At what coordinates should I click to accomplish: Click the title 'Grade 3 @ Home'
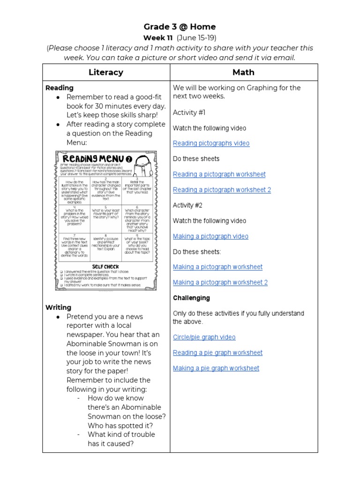[x=180, y=27]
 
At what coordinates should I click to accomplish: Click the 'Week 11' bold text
[x=158, y=37]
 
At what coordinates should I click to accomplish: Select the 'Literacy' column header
[x=106, y=72]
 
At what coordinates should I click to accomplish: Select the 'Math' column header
[x=243, y=72]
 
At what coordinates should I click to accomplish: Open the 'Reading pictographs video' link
[x=211, y=143]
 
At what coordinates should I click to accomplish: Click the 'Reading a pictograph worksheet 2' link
[x=222, y=190]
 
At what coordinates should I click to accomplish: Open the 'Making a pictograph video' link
[x=210, y=236]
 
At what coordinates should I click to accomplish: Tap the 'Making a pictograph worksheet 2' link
[x=220, y=282]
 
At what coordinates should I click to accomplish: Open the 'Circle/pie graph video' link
[x=204, y=337]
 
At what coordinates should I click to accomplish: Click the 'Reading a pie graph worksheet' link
[x=217, y=352]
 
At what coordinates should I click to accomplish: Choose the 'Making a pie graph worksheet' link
[x=216, y=368]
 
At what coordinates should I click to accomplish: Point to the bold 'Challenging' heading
[x=191, y=298]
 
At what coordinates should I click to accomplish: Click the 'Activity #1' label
[x=189, y=112]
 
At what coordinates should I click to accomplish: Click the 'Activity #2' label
[x=189, y=205]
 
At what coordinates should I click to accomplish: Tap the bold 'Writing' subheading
[x=58, y=307]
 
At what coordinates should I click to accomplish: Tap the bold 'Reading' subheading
[x=59, y=88]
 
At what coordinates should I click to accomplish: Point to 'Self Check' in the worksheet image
[x=105, y=266]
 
